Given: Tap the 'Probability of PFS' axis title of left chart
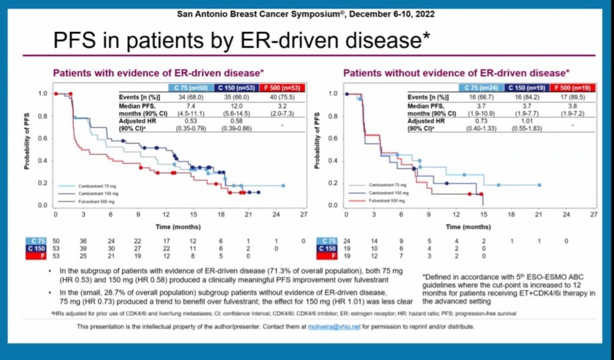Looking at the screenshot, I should pyautogui.click(x=28, y=142).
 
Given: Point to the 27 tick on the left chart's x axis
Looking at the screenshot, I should pyautogui.click(x=303, y=215).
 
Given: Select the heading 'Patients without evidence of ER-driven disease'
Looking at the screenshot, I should pyautogui.click(x=456, y=72).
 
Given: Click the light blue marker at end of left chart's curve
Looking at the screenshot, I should pyautogui.click(x=283, y=186).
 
